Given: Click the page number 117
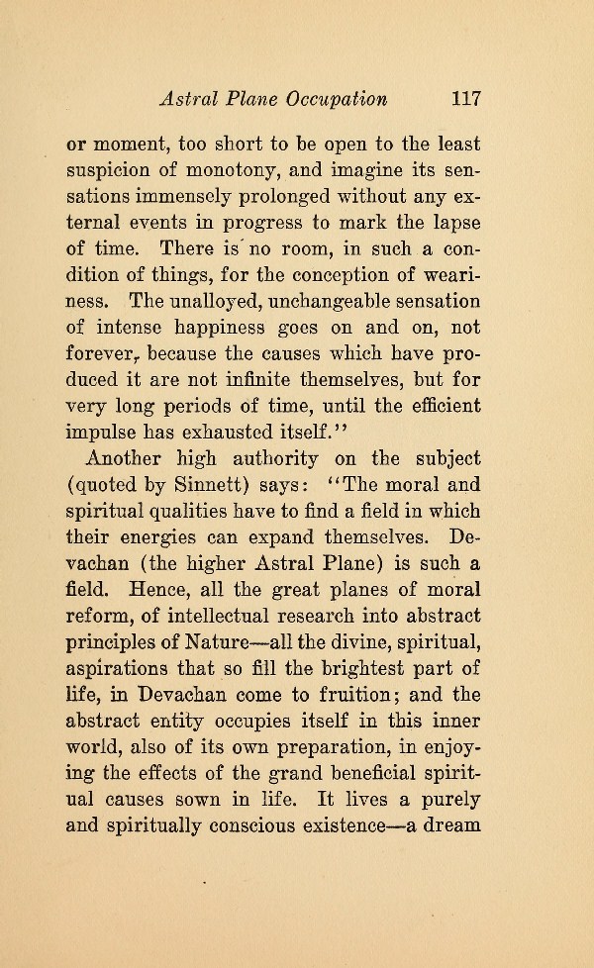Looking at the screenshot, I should click(x=465, y=99).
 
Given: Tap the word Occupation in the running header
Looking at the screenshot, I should click(x=337, y=100).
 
